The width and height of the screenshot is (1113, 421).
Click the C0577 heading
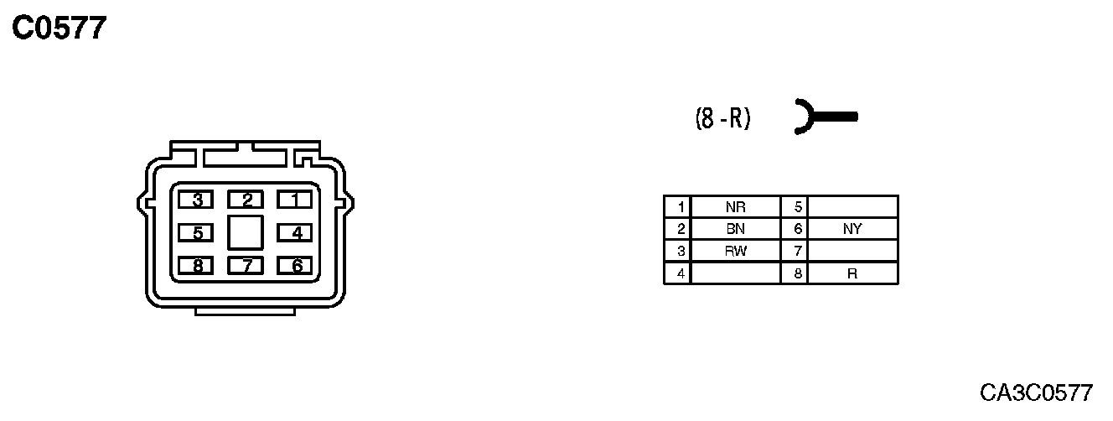pos(60,29)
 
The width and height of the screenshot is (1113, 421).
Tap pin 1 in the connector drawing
pos(294,200)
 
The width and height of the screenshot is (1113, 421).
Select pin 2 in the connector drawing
pos(246,200)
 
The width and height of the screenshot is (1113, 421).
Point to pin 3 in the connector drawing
pos(197,200)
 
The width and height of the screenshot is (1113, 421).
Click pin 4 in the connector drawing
pos(294,232)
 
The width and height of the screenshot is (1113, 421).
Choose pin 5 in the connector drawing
pos(197,232)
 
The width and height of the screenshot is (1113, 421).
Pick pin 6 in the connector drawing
pos(294,266)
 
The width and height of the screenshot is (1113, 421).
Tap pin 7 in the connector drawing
pos(246,266)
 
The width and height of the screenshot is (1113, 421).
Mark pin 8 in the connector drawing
pos(197,266)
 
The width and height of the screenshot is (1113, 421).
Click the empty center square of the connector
pos(246,231)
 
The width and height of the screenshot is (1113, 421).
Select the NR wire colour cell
pos(735,207)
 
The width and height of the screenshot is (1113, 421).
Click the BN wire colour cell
pos(735,229)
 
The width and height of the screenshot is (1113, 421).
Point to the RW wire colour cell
pos(735,251)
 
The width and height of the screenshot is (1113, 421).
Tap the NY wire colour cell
pos(852,229)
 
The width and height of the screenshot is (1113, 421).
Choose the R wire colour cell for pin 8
pos(852,273)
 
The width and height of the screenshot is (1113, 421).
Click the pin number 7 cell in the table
pos(795,251)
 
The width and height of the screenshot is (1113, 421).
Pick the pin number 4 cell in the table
pos(677,273)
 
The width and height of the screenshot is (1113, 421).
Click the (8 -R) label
pos(722,119)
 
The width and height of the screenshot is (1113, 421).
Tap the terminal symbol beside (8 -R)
pos(825,117)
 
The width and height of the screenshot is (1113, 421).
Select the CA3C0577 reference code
pos(1037,392)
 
